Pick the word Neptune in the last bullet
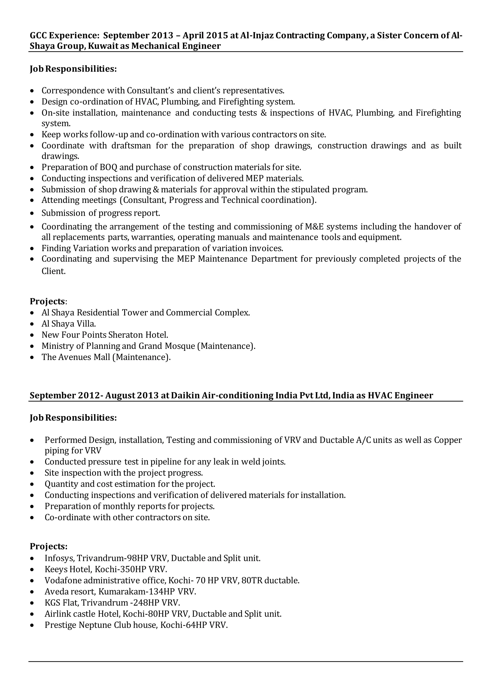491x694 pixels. tap(95, 625)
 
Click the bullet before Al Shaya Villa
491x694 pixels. tap(32, 324)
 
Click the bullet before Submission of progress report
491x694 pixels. tap(32, 213)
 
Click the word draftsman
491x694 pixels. tap(131, 145)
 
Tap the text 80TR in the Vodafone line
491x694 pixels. tap(252, 580)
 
